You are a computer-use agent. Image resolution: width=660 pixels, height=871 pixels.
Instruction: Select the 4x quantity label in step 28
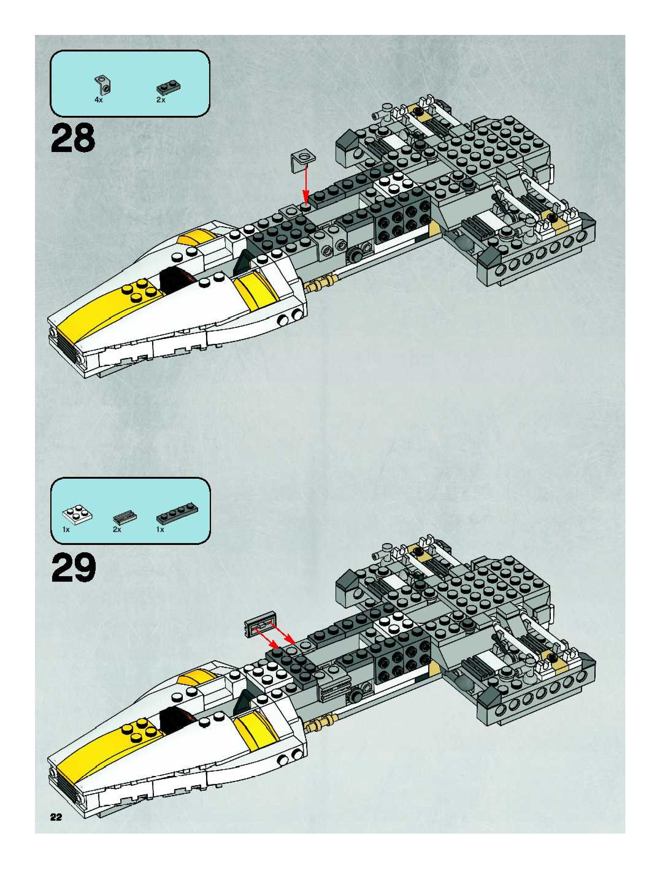click(98, 100)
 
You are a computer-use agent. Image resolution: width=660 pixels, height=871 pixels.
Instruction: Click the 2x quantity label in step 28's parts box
click(161, 100)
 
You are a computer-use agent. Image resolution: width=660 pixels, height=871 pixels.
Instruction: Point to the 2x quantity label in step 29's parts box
click(117, 530)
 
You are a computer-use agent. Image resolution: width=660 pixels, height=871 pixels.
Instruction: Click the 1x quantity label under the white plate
click(66, 530)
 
